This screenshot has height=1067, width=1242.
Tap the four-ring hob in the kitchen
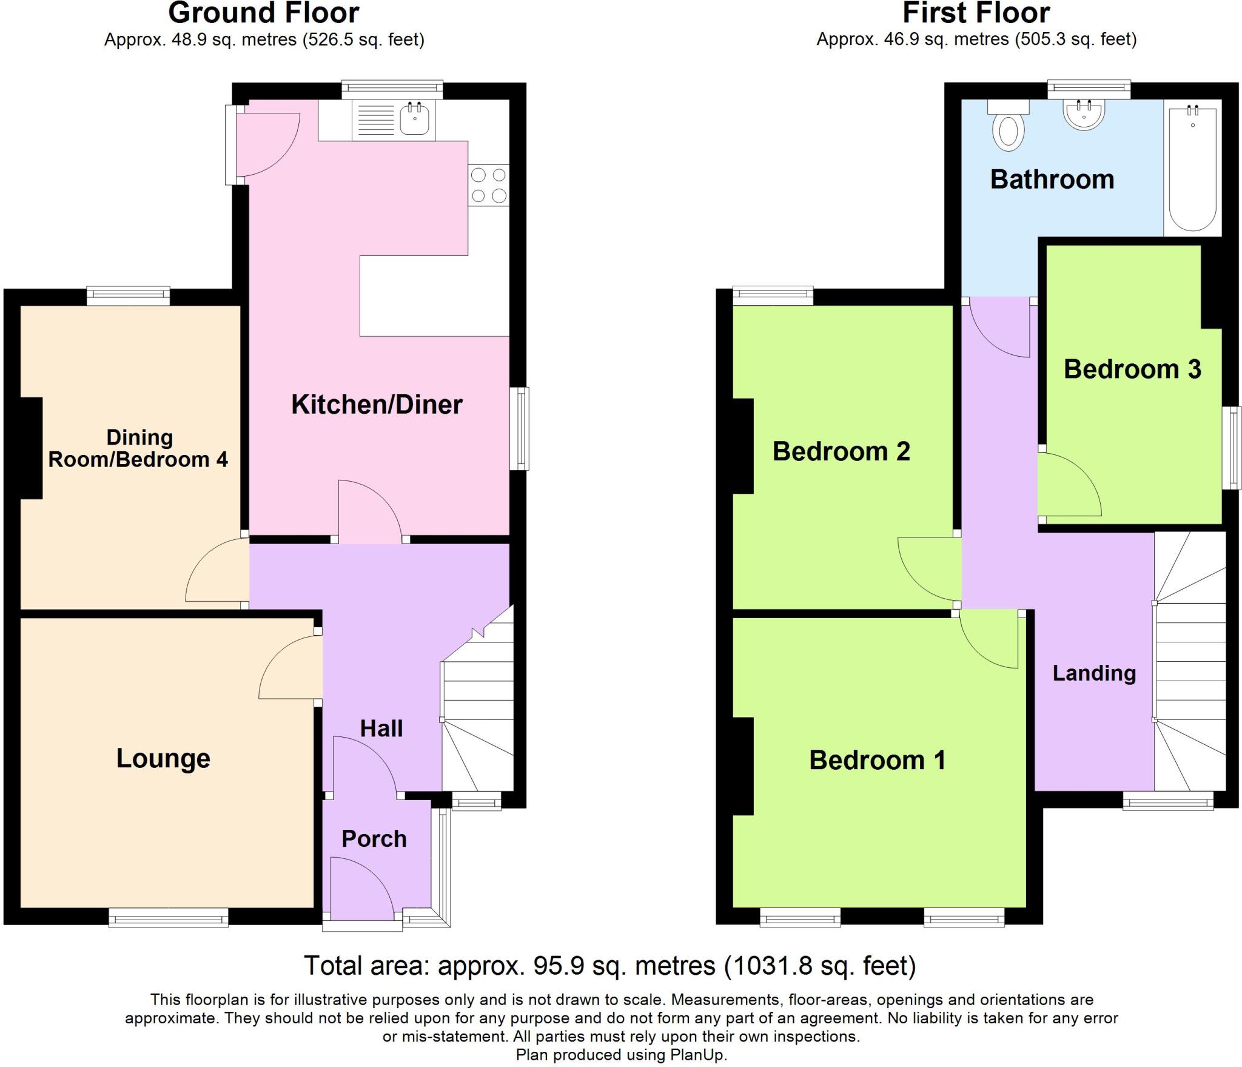tap(488, 185)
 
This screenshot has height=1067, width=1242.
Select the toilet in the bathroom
tap(1008, 130)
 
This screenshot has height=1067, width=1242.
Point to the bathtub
tap(1192, 170)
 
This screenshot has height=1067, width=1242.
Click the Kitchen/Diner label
tap(377, 405)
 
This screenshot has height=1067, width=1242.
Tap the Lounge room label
tap(163, 758)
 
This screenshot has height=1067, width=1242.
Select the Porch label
tap(374, 839)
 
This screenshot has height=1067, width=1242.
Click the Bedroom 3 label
tap(1132, 369)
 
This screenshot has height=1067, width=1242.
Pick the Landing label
tap(1094, 673)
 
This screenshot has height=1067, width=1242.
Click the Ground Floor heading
tap(264, 13)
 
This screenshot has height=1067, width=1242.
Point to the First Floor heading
tap(976, 13)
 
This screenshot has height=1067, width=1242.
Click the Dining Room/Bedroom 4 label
tap(138, 448)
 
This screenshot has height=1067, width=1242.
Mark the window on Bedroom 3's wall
tap(1235, 448)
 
